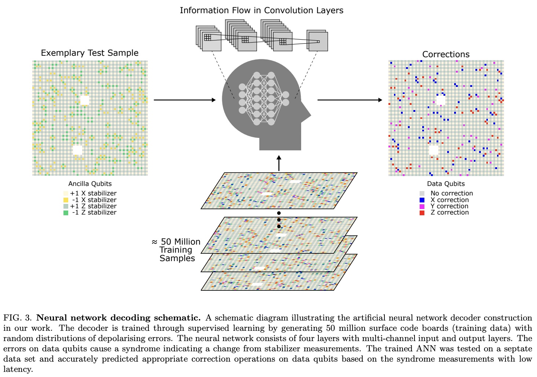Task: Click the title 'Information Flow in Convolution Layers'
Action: [x=262, y=10]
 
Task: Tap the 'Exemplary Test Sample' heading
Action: [x=89, y=53]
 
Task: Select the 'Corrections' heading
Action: [x=446, y=54]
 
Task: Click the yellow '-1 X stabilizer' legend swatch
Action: [x=66, y=200]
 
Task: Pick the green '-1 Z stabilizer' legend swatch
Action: [x=66, y=212]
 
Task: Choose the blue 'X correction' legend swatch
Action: [x=422, y=200]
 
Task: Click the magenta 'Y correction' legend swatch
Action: [x=422, y=206]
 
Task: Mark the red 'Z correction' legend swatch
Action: [x=422, y=212]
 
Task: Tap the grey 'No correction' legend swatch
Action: [x=422, y=193]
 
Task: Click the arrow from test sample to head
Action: [x=185, y=100]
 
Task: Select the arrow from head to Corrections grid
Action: [x=350, y=100]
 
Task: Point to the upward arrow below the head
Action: [x=279, y=163]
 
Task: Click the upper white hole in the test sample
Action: [x=85, y=100]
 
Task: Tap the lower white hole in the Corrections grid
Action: [x=434, y=150]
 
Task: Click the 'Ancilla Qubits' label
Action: [x=90, y=184]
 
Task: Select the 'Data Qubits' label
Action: [x=446, y=184]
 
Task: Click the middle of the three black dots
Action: [x=279, y=220]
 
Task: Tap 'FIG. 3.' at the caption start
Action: [x=18, y=318]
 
